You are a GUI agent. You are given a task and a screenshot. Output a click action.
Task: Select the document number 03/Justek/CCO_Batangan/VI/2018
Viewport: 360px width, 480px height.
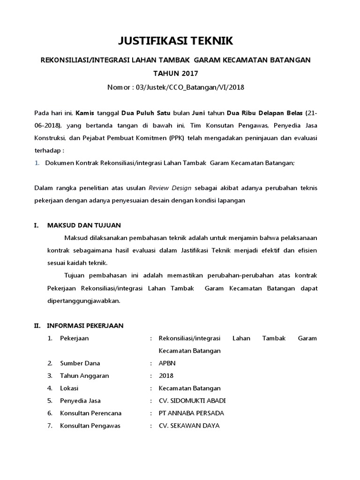tap(190, 87)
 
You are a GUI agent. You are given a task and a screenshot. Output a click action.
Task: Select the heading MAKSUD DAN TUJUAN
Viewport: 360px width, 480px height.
tap(84, 225)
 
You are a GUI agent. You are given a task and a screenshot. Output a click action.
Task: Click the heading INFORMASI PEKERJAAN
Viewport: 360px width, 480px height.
tap(85, 325)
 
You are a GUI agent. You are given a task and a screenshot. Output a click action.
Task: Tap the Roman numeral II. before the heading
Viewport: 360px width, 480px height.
tap(37, 325)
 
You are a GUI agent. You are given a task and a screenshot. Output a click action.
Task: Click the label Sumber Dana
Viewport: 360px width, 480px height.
tap(80, 363)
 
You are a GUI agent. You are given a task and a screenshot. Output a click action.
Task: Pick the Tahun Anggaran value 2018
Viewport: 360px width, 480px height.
tap(166, 375)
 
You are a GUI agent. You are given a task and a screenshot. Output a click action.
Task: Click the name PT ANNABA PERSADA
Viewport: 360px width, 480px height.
tap(191, 413)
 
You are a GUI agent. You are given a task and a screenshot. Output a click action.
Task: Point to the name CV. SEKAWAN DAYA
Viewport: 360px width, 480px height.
tap(189, 426)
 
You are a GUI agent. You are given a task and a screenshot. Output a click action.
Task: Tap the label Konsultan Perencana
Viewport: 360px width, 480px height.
tap(90, 413)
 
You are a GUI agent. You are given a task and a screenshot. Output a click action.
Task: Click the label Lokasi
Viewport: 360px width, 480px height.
tap(69, 388)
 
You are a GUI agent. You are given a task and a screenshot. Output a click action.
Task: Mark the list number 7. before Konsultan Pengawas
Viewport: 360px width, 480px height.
tap(49, 426)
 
